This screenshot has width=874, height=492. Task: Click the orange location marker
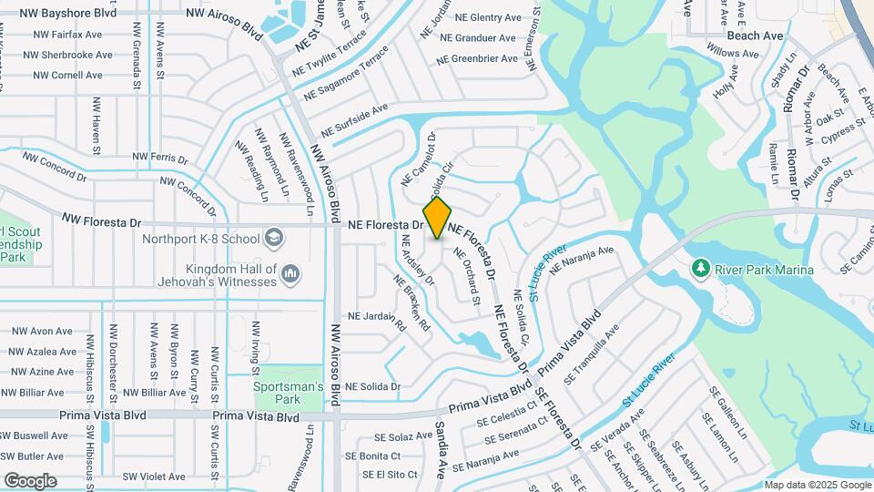coord(438,219)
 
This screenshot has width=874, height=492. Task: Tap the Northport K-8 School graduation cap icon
coord(272,239)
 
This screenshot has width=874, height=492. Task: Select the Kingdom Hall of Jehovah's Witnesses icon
coord(290,272)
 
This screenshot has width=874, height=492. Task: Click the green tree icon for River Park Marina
coord(700,268)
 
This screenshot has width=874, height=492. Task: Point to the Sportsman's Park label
coord(289,393)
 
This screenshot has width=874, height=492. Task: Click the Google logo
coord(30,480)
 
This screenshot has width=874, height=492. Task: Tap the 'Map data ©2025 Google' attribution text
coord(817,485)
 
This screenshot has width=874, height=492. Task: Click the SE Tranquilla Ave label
coord(592,354)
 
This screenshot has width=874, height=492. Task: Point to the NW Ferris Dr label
coord(160,158)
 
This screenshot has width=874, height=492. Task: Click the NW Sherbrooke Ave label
coord(67,55)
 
